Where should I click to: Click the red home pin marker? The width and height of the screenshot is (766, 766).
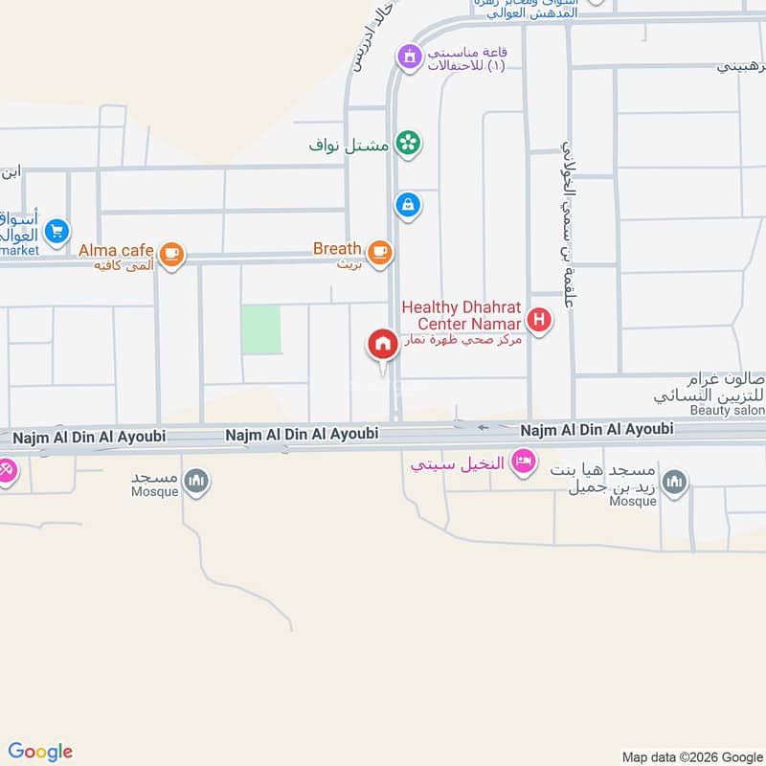tap(383, 345)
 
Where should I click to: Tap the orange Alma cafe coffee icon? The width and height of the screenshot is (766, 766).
tap(171, 254)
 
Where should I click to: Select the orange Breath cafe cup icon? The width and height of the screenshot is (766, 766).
tap(380, 252)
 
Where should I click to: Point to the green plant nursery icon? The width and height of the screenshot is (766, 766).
tap(408, 144)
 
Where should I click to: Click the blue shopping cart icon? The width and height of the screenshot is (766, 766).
tap(56, 231)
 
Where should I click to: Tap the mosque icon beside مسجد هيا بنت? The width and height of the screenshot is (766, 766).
tap(674, 481)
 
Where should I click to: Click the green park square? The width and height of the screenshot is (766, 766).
tap(260, 329)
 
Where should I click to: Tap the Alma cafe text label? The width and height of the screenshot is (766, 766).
tap(117, 251)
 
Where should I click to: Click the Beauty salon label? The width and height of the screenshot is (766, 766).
tap(728, 411)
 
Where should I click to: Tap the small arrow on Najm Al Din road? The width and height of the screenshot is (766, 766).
tap(484, 427)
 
